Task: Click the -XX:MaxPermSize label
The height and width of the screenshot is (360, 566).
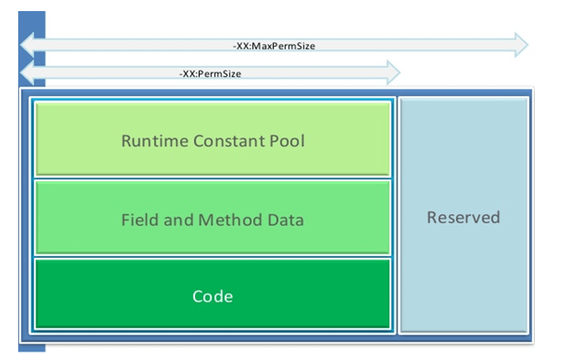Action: pyautogui.click(x=274, y=46)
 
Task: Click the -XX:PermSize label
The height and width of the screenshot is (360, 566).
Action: pyautogui.click(x=210, y=74)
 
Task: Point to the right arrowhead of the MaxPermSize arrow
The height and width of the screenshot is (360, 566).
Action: pyautogui.click(x=520, y=45)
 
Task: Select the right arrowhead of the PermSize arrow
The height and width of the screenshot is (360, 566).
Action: pyautogui.click(x=392, y=73)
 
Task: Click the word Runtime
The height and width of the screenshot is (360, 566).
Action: pyautogui.click(x=153, y=141)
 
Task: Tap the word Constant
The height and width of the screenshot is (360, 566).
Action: pyautogui.click(x=228, y=141)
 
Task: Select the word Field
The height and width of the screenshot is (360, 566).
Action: pyautogui.click(x=139, y=220)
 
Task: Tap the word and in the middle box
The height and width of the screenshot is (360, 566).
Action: pyautogui.click(x=177, y=220)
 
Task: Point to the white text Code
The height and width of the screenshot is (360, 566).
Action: pyautogui.click(x=212, y=297)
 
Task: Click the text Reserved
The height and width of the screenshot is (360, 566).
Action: pyautogui.click(x=463, y=217)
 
